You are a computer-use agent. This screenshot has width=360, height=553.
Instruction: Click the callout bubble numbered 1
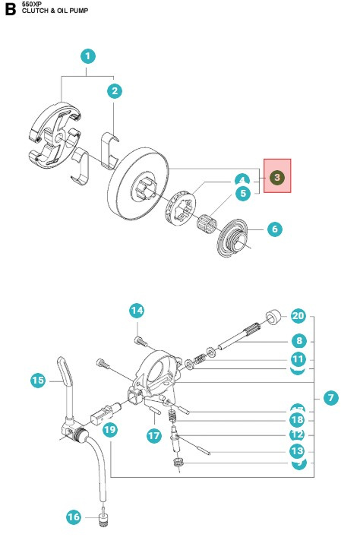coord(89,56)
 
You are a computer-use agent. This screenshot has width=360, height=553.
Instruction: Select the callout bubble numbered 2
coord(115,91)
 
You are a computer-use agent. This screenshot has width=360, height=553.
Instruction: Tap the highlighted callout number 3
coord(277,177)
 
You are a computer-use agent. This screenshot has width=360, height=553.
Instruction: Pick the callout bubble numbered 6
coord(273,229)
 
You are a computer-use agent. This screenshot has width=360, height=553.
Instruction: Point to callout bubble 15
coord(38,381)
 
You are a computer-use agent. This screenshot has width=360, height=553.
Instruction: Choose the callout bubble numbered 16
coord(74,517)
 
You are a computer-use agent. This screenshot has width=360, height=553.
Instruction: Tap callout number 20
coord(298,316)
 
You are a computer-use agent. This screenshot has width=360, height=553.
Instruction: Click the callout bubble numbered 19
coord(110,430)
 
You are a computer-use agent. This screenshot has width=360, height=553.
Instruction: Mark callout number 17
coord(154,435)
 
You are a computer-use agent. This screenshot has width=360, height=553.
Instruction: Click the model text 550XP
coord(32,5)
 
